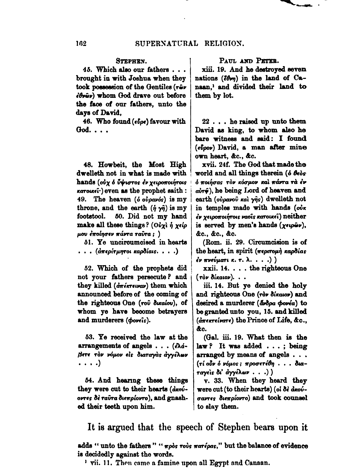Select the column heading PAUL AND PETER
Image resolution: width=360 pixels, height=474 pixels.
coord(251,60)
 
